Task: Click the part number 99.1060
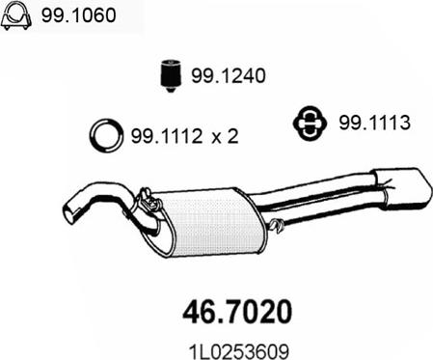(x=78, y=15)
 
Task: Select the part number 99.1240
(x=229, y=76)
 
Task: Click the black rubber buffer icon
(x=171, y=75)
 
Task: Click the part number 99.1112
(x=167, y=136)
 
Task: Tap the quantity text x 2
(x=225, y=136)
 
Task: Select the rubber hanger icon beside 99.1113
(x=310, y=124)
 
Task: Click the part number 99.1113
(x=374, y=123)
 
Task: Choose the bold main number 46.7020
(x=237, y=312)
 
